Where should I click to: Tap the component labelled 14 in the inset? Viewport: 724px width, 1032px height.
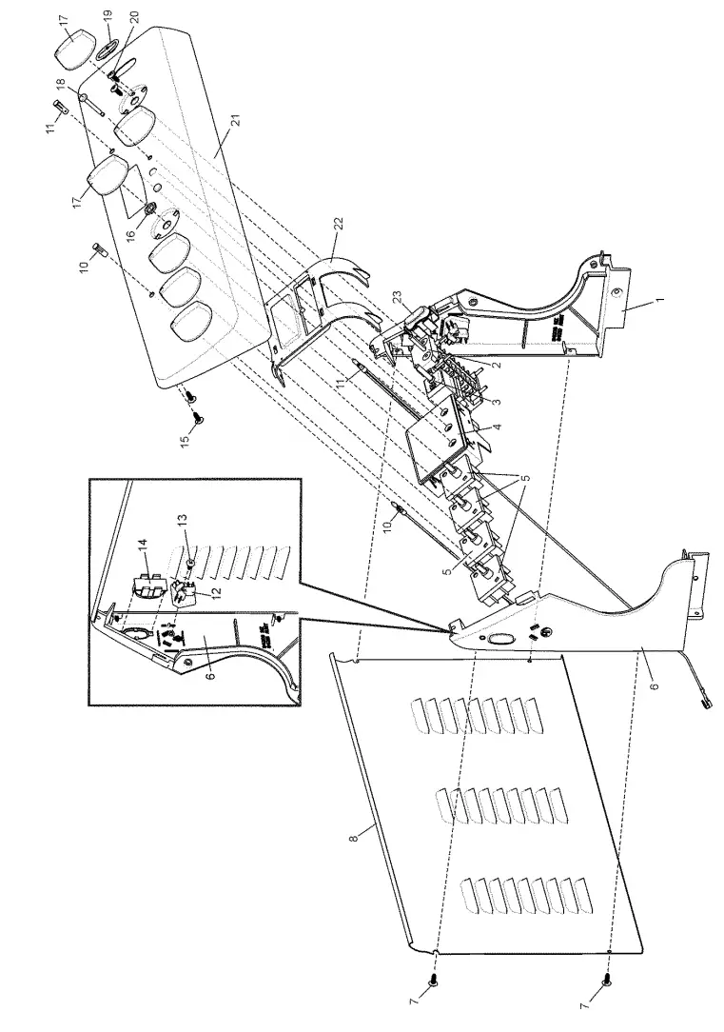pos(145,582)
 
